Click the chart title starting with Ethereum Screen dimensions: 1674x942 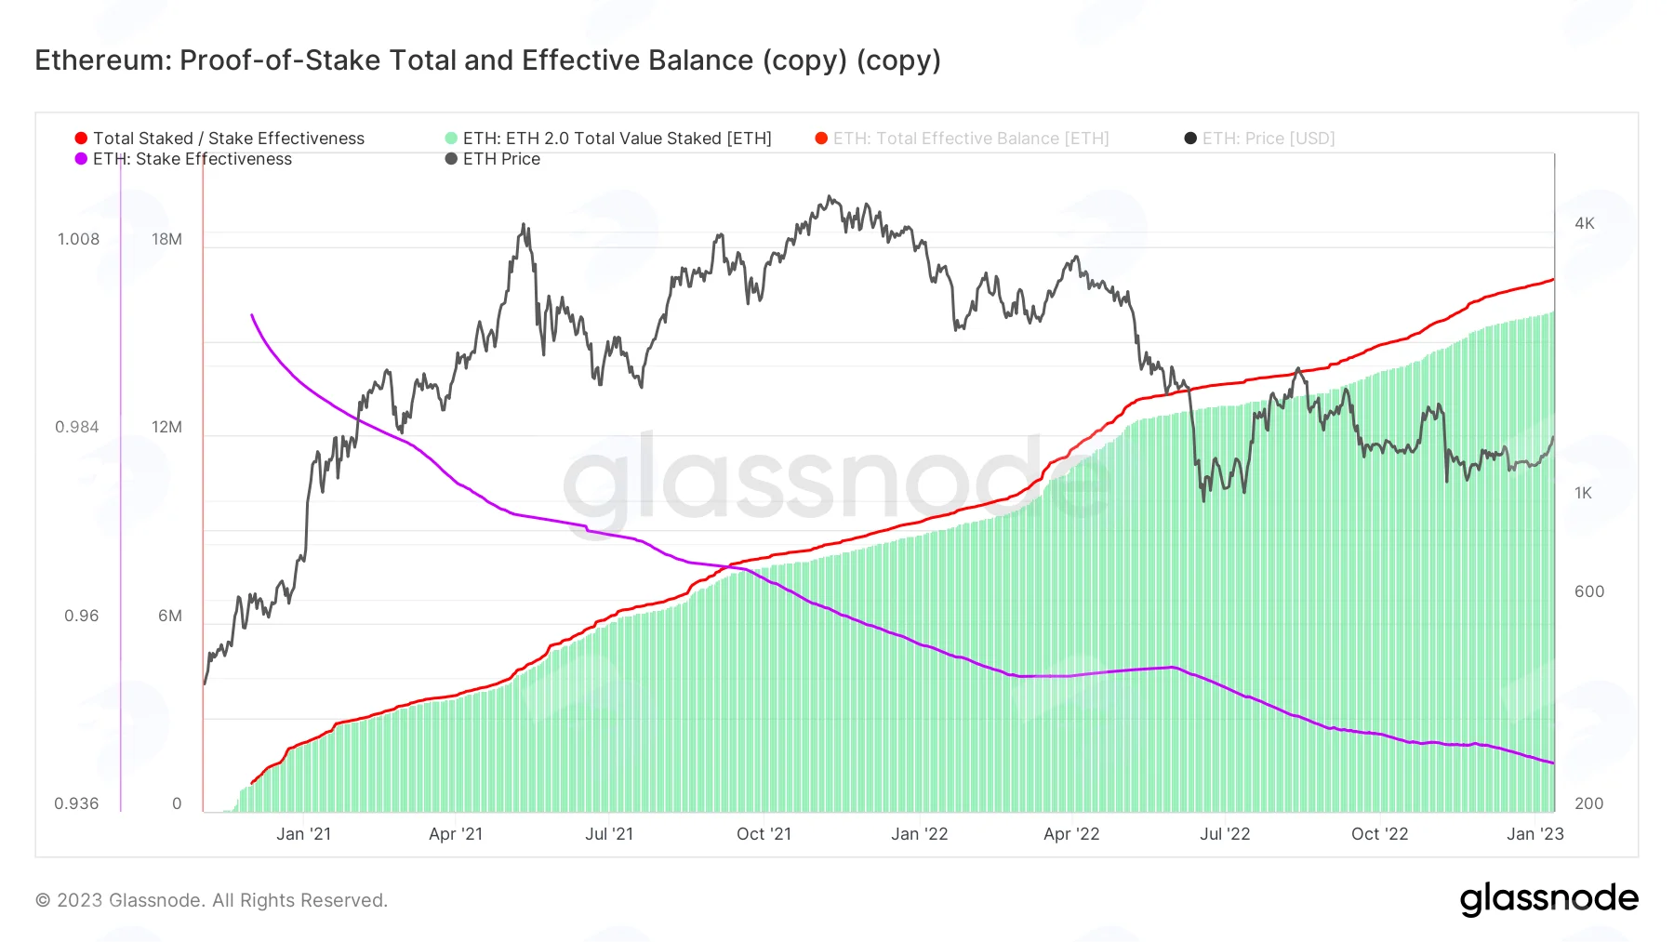tap(487, 60)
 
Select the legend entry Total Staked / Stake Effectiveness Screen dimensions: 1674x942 tap(219, 139)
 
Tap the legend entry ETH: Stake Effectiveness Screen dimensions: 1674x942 tap(183, 159)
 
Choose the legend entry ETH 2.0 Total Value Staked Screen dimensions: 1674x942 tap(608, 139)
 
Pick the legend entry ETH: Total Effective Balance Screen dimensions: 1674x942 tap(962, 139)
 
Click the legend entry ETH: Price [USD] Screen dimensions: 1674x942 tap(1259, 139)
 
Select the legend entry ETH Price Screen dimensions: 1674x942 tap(493, 159)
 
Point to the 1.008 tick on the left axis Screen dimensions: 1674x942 tap(78, 239)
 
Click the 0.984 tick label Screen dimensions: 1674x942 tap(77, 427)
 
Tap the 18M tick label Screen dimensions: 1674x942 tap(167, 239)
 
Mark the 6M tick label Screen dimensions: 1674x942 tap(170, 616)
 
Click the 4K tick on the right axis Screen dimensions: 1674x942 tap(1585, 223)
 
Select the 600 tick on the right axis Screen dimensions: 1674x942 tap(1589, 591)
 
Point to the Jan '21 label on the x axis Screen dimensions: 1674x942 tap(303, 834)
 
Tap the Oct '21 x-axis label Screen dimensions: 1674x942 tap(764, 834)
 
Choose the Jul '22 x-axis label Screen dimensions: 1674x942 tap(1225, 834)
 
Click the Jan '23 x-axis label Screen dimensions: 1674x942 tap(1535, 834)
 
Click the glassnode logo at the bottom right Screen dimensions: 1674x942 tap(1549, 899)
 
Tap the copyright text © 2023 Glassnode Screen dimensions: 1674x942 tap(212, 900)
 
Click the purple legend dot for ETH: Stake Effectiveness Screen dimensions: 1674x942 tap(81, 159)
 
